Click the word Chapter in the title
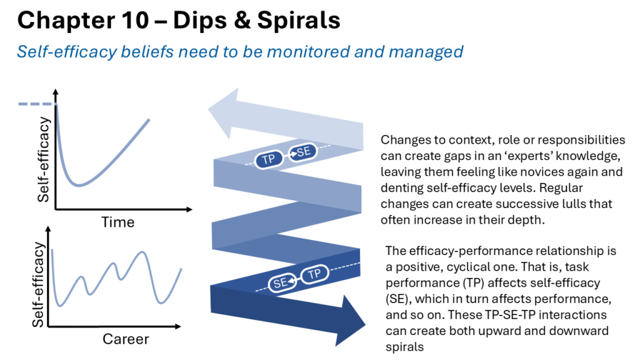pyautogui.click(x=63, y=21)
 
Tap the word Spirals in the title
pyautogui.click(x=299, y=21)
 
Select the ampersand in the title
pyautogui.click(x=242, y=21)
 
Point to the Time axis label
pyautogui.click(x=118, y=222)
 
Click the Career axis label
pyautogui.click(x=126, y=339)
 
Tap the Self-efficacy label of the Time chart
pyautogui.click(x=43, y=159)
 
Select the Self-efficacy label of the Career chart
pyautogui.click(x=38, y=285)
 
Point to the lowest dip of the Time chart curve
pyautogui.click(x=79, y=185)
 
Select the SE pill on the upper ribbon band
pyautogui.click(x=302, y=152)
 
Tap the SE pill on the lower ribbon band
pyautogui.click(x=282, y=282)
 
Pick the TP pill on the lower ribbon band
pyautogui.click(x=315, y=274)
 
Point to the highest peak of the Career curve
pyautogui.click(x=142, y=252)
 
